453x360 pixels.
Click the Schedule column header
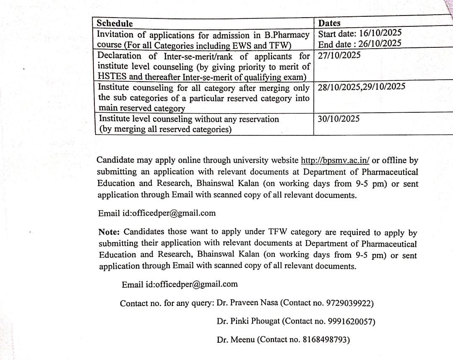[x=115, y=23]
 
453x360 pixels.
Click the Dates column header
[x=329, y=23]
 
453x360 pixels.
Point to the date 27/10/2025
[x=339, y=55]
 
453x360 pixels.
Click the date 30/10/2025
[x=338, y=119]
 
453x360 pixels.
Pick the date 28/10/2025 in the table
[x=339, y=87]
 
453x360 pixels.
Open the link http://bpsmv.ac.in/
[x=335, y=160]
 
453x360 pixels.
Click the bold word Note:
[x=109, y=232]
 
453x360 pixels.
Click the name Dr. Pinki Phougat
[x=248, y=322]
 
